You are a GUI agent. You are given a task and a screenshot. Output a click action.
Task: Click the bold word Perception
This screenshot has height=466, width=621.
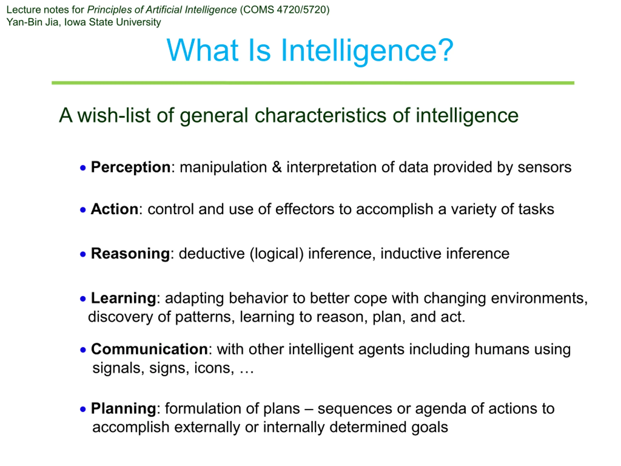[x=131, y=167]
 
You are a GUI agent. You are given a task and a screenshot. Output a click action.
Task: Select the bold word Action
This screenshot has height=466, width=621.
[x=114, y=209]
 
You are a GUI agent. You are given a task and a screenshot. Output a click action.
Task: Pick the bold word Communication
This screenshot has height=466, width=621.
[x=149, y=349]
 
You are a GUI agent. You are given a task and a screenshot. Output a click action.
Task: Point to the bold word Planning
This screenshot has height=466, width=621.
[x=123, y=409]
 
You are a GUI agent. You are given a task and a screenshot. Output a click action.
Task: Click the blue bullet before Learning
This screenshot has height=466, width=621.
[x=83, y=299]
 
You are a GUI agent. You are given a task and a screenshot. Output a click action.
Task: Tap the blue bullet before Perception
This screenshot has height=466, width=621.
[x=83, y=168]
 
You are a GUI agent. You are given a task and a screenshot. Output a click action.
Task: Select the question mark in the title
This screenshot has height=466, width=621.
[x=445, y=50]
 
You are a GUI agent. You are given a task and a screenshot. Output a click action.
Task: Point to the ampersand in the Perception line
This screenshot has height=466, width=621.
[x=277, y=167]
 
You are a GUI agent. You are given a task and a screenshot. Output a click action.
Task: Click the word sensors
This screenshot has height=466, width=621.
[x=544, y=168]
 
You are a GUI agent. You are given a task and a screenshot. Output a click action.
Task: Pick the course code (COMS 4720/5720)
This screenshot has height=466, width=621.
[x=285, y=10]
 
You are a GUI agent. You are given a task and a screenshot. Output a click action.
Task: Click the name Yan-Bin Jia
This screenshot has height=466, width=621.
[x=33, y=22]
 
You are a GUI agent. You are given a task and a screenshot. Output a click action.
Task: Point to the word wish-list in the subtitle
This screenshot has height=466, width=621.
[x=114, y=116]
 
